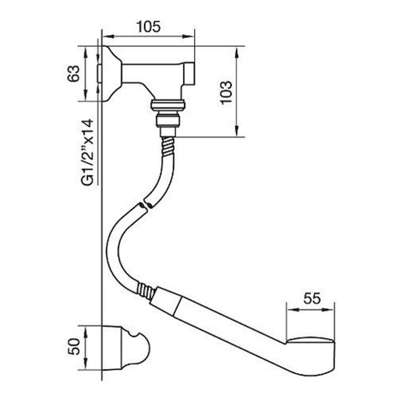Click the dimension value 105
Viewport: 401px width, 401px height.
tap(149, 27)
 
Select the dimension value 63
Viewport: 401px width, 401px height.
tap(74, 74)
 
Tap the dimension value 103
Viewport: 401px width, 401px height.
tap(226, 93)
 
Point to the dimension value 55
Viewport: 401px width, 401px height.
tap(312, 298)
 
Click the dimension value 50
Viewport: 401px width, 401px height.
tap(74, 346)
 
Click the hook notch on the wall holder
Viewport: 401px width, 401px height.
tap(134, 334)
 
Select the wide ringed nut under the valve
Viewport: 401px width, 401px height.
tap(168, 105)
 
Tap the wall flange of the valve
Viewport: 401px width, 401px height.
tap(112, 74)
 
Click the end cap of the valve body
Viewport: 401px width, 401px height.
tap(189, 74)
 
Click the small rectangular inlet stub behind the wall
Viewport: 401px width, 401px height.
tap(100, 74)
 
